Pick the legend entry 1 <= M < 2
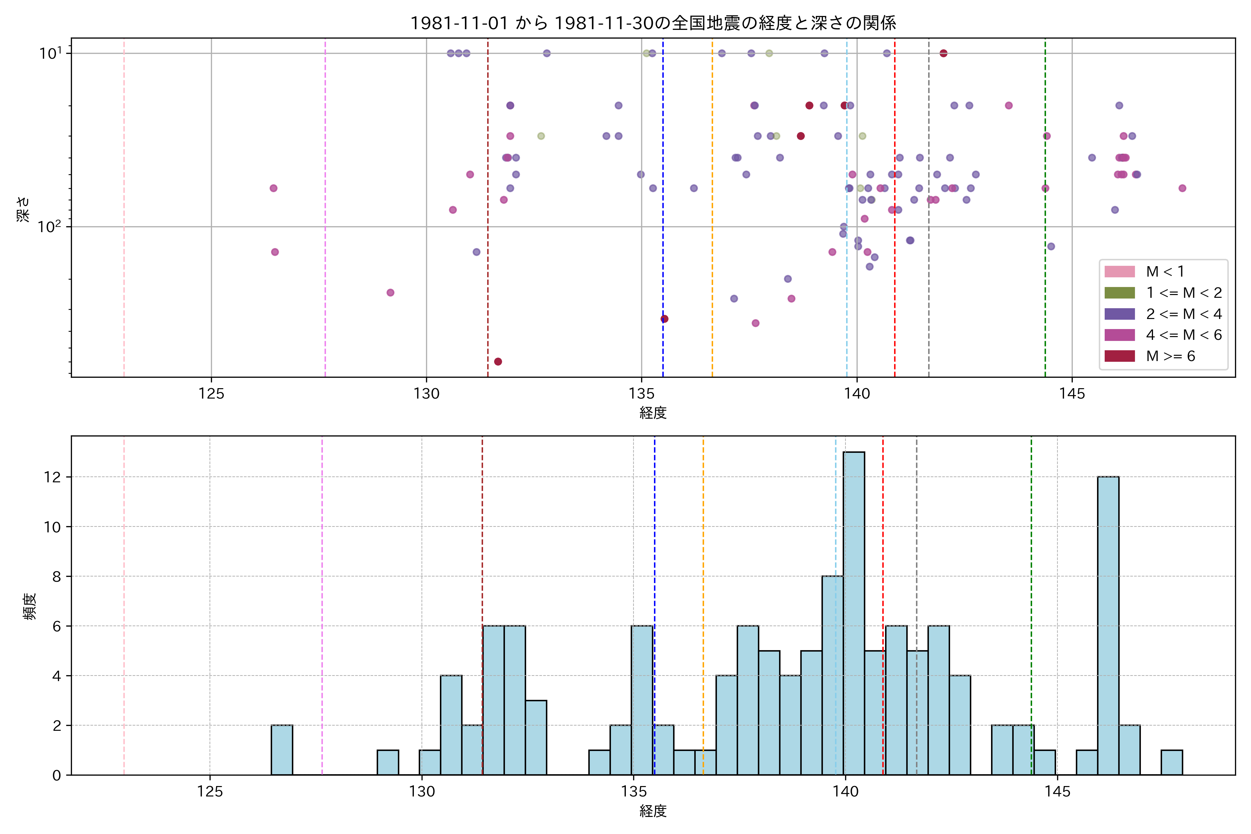[1184, 293]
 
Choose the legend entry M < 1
[1165, 272]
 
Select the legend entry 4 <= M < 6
[1184, 335]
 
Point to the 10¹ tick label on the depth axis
[50, 53]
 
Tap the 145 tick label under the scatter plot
[1072, 394]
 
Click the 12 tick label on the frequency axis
[53, 477]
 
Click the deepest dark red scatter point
[498, 362]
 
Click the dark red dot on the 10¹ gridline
[943, 53]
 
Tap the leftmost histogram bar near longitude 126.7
[282, 750]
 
